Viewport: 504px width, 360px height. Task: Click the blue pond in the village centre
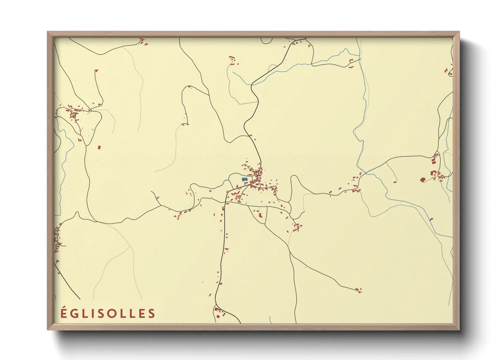coord(244,179)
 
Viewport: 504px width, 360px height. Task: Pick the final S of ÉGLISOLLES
coord(152,314)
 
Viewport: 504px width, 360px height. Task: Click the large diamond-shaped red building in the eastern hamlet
coord(423,179)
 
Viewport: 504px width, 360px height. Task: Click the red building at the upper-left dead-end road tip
coord(96,70)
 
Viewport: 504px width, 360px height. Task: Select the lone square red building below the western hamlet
coord(99,147)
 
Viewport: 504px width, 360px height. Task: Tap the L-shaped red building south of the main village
coord(261,215)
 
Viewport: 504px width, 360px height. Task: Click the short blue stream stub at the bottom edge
coord(270,320)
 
